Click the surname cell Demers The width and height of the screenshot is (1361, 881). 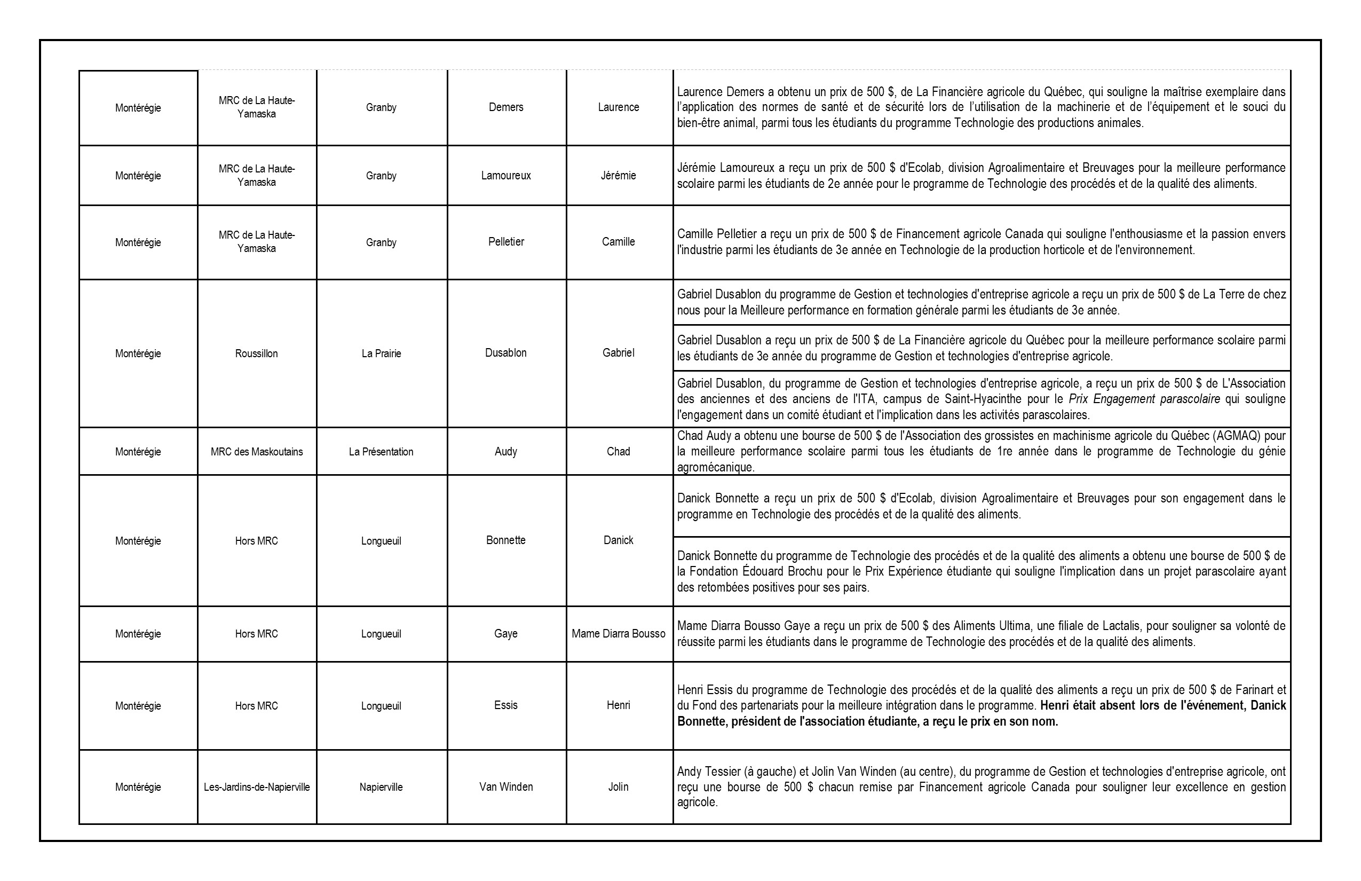pyautogui.click(x=505, y=107)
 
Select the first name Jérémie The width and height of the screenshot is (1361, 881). pyautogui.click(x=618, y=176)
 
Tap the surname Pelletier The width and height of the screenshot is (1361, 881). pyautogui.click(x=505, y=241)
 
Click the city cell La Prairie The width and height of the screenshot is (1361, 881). pyautogui.click(x=381, y=353)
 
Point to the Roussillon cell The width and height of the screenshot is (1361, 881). pyautogui.click(x=256, y=353)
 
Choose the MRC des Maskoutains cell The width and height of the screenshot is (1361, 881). pyautogui.click(x=256, y=452)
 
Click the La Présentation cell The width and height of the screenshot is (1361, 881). pyautogui.click(x=381, y=452)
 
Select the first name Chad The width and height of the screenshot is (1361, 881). pyautogui.click(x=618, y=451)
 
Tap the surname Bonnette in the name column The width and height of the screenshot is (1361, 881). pyautogui.click(x=505, y=540)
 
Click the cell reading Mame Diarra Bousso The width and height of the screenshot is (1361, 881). pyautogui.click(x=618, y=634)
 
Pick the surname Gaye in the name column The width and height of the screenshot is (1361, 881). pyautogui.click(x=505, y=634)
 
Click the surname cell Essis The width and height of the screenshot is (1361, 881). pyautogui.click(x=505, y=705)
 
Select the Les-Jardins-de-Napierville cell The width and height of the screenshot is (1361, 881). pyautogui.click(x=256, y=787)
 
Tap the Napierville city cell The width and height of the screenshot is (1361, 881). pyautogui.click(x=381, y=787)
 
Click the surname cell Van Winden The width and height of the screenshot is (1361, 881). pyautogui.click(x=505, y=786)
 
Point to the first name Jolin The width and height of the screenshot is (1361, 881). pyautogui.click(x=618, y=786)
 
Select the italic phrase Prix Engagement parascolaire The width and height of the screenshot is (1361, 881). pyautogui.click(x=1144, y=399)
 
